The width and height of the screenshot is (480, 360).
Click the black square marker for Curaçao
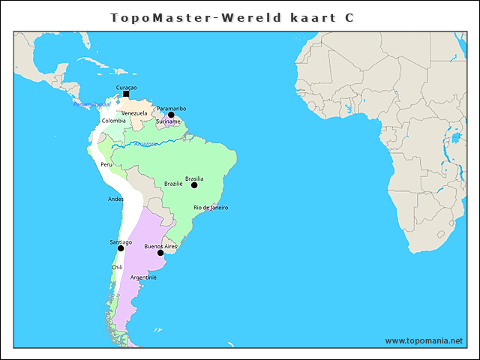[125, 95]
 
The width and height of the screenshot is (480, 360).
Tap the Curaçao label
[126, 88]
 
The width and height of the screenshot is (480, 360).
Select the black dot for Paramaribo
[171, 115]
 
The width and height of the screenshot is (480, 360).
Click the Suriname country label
[168, 121]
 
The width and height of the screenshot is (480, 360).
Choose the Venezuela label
[134, 113]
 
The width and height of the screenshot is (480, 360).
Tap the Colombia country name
[114, 121]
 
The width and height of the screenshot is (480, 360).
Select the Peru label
[106, 164]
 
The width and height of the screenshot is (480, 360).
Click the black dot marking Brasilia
[194, 185]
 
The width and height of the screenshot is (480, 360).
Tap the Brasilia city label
[194, 178]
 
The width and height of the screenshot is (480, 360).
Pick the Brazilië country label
[173, 184]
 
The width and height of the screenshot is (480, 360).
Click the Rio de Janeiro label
[211, 207]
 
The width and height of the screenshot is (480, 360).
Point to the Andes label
[115, 199]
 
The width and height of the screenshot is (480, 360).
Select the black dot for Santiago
[121, 248]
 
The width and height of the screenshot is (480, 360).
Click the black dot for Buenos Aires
[160, 253]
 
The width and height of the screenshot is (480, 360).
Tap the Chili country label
[117, 267]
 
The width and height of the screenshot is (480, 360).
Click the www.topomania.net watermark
[424, 340]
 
